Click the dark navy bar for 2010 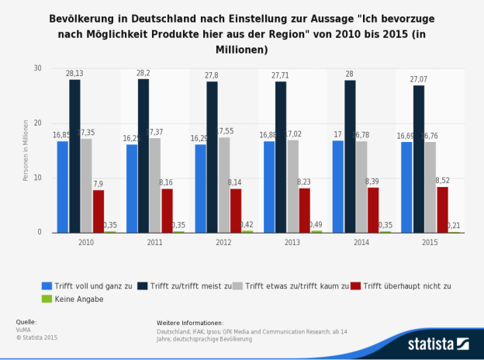(74, 156)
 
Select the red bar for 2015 (442, 209)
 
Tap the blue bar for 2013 (269, 187)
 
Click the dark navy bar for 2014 (350, 156)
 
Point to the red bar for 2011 (167, 210)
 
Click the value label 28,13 (74, 73)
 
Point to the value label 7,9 (99, 184)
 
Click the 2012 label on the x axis (223, 242)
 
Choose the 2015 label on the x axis (430, 242)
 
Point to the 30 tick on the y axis (36, 68)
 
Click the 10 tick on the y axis (36, 178)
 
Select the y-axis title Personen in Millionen (25, 151)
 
